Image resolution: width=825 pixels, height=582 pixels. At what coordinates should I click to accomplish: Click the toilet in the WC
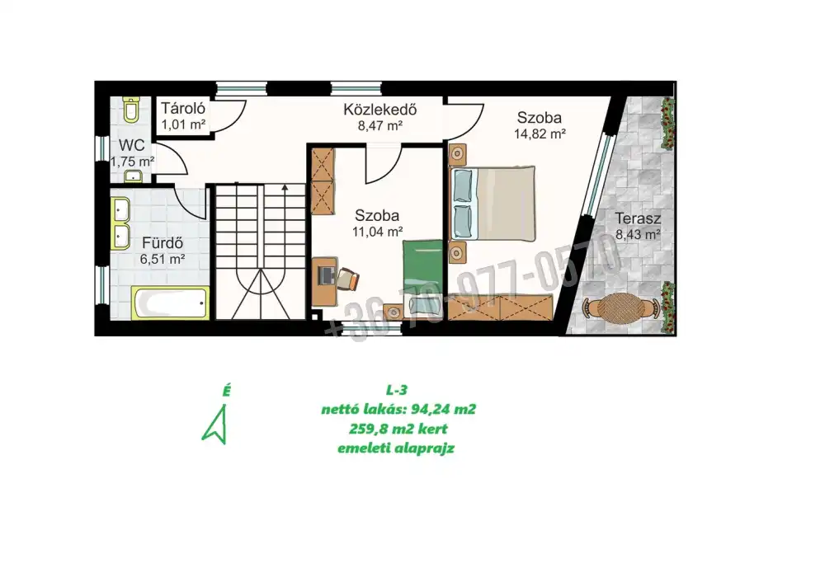point(131,110)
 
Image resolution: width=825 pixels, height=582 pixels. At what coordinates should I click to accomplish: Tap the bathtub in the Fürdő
point(170,303)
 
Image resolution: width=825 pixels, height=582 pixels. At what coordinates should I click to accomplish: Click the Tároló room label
point(183,108)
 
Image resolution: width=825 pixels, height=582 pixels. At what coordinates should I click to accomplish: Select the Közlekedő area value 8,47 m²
point(379,125)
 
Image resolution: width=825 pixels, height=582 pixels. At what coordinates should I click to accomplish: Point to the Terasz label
point(638,218)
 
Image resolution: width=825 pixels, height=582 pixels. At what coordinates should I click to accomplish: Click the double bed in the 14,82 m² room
point(493,204)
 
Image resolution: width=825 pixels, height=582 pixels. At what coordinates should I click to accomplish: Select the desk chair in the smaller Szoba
point(348,279)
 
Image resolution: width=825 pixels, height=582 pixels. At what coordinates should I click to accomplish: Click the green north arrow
point(215,425)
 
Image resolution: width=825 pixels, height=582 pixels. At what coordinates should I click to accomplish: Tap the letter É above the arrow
point(226,391)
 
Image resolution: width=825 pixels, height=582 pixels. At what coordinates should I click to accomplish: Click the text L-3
point(397,390)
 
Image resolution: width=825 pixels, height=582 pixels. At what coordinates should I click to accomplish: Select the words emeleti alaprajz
point(396,448)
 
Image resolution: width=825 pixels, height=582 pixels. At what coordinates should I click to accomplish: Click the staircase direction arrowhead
point(285,186)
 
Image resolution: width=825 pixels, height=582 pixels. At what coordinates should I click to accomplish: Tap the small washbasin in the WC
point(133,176)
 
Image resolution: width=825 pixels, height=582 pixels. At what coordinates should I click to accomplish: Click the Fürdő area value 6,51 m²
point(162,259)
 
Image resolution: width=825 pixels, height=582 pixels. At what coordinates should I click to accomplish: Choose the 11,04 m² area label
point(377,232)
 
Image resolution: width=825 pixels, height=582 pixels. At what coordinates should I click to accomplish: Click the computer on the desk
point(328,275)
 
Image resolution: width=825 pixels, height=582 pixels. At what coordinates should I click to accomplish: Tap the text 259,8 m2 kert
point(398,429)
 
